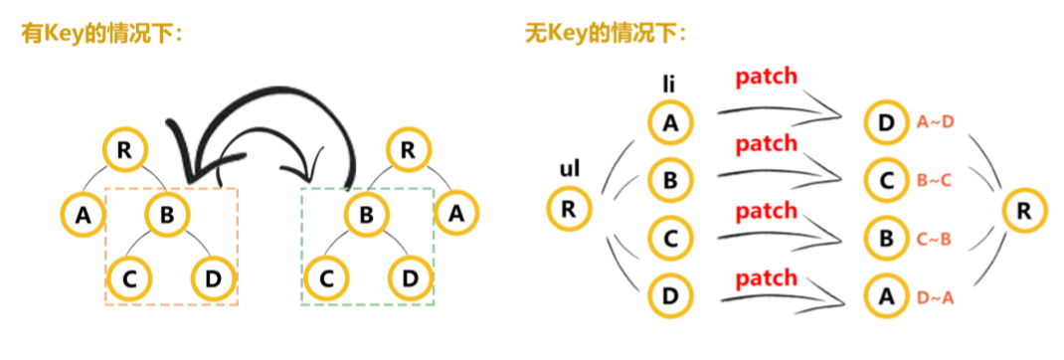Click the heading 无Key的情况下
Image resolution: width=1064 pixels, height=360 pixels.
pos(605,35)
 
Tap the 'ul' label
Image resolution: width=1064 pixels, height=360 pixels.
pos(570,170)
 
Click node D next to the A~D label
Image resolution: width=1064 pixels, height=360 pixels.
pos(887,122)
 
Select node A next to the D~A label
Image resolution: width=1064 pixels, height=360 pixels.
pos(887,295)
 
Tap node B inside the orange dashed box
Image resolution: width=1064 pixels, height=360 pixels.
pos(167,212)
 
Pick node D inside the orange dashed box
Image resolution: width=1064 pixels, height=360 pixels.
pos(210,278)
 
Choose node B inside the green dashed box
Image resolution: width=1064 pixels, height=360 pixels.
pos(366,212)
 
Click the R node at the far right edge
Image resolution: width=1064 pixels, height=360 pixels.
pos(1023,209)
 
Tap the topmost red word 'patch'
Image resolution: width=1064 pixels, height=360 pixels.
pos(766,77)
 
